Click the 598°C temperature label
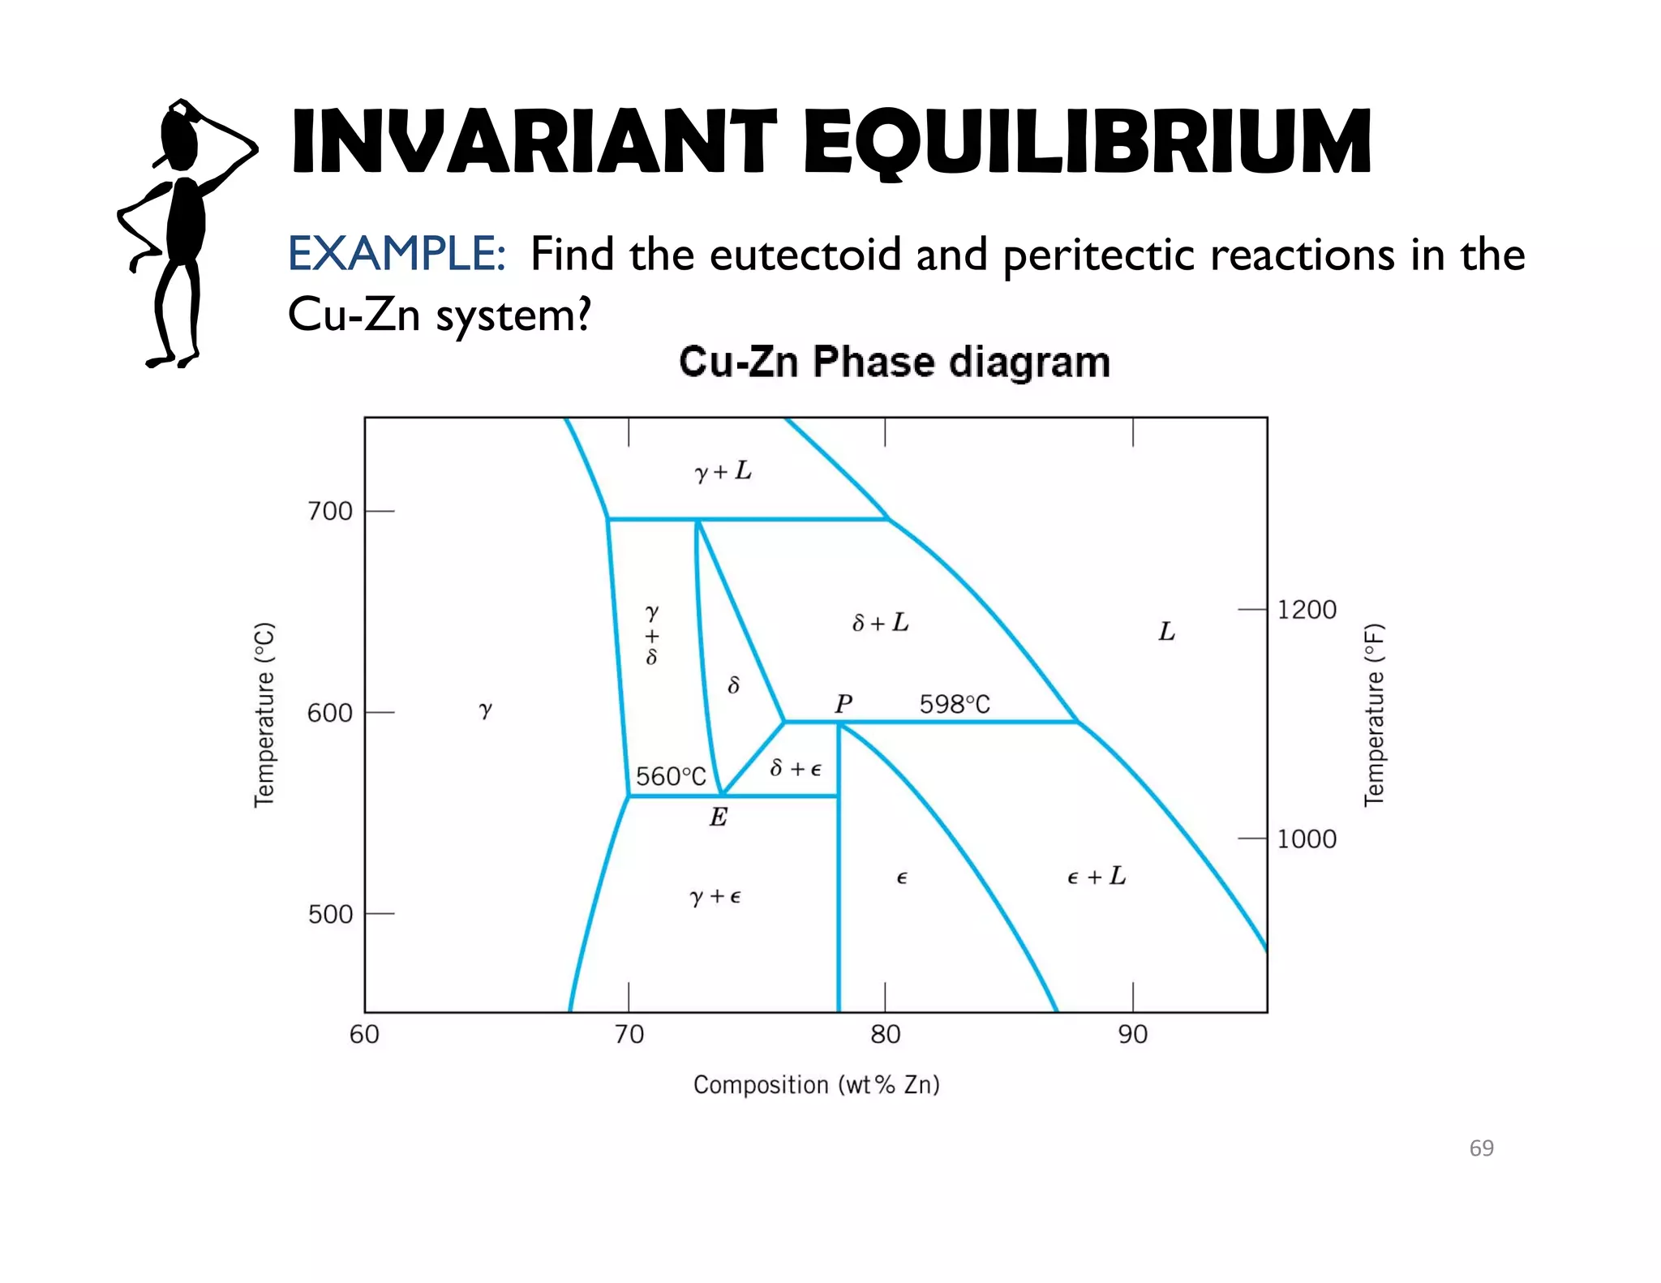coord(955,704)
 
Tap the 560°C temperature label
coord(671,776)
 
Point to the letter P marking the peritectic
coord(843,703)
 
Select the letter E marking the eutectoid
coord(719,817)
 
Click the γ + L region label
coord(723,471)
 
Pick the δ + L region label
coord(881,623)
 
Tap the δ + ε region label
coord(796,768)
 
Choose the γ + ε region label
coord(715,896)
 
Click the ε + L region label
coord(1097,877)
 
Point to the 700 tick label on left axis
coord(330,511)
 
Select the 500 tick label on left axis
coord(330,914)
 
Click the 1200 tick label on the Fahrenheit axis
coord(1307,609)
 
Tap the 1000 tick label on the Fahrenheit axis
coord(1307,839)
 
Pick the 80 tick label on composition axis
coord(885,1034)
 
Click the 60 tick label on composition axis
coord(364,1034)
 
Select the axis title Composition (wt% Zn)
coord(816,1084)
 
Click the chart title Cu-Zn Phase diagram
coord(895,362)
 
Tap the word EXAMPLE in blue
coord(397,254)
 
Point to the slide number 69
coord(1481,1148)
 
